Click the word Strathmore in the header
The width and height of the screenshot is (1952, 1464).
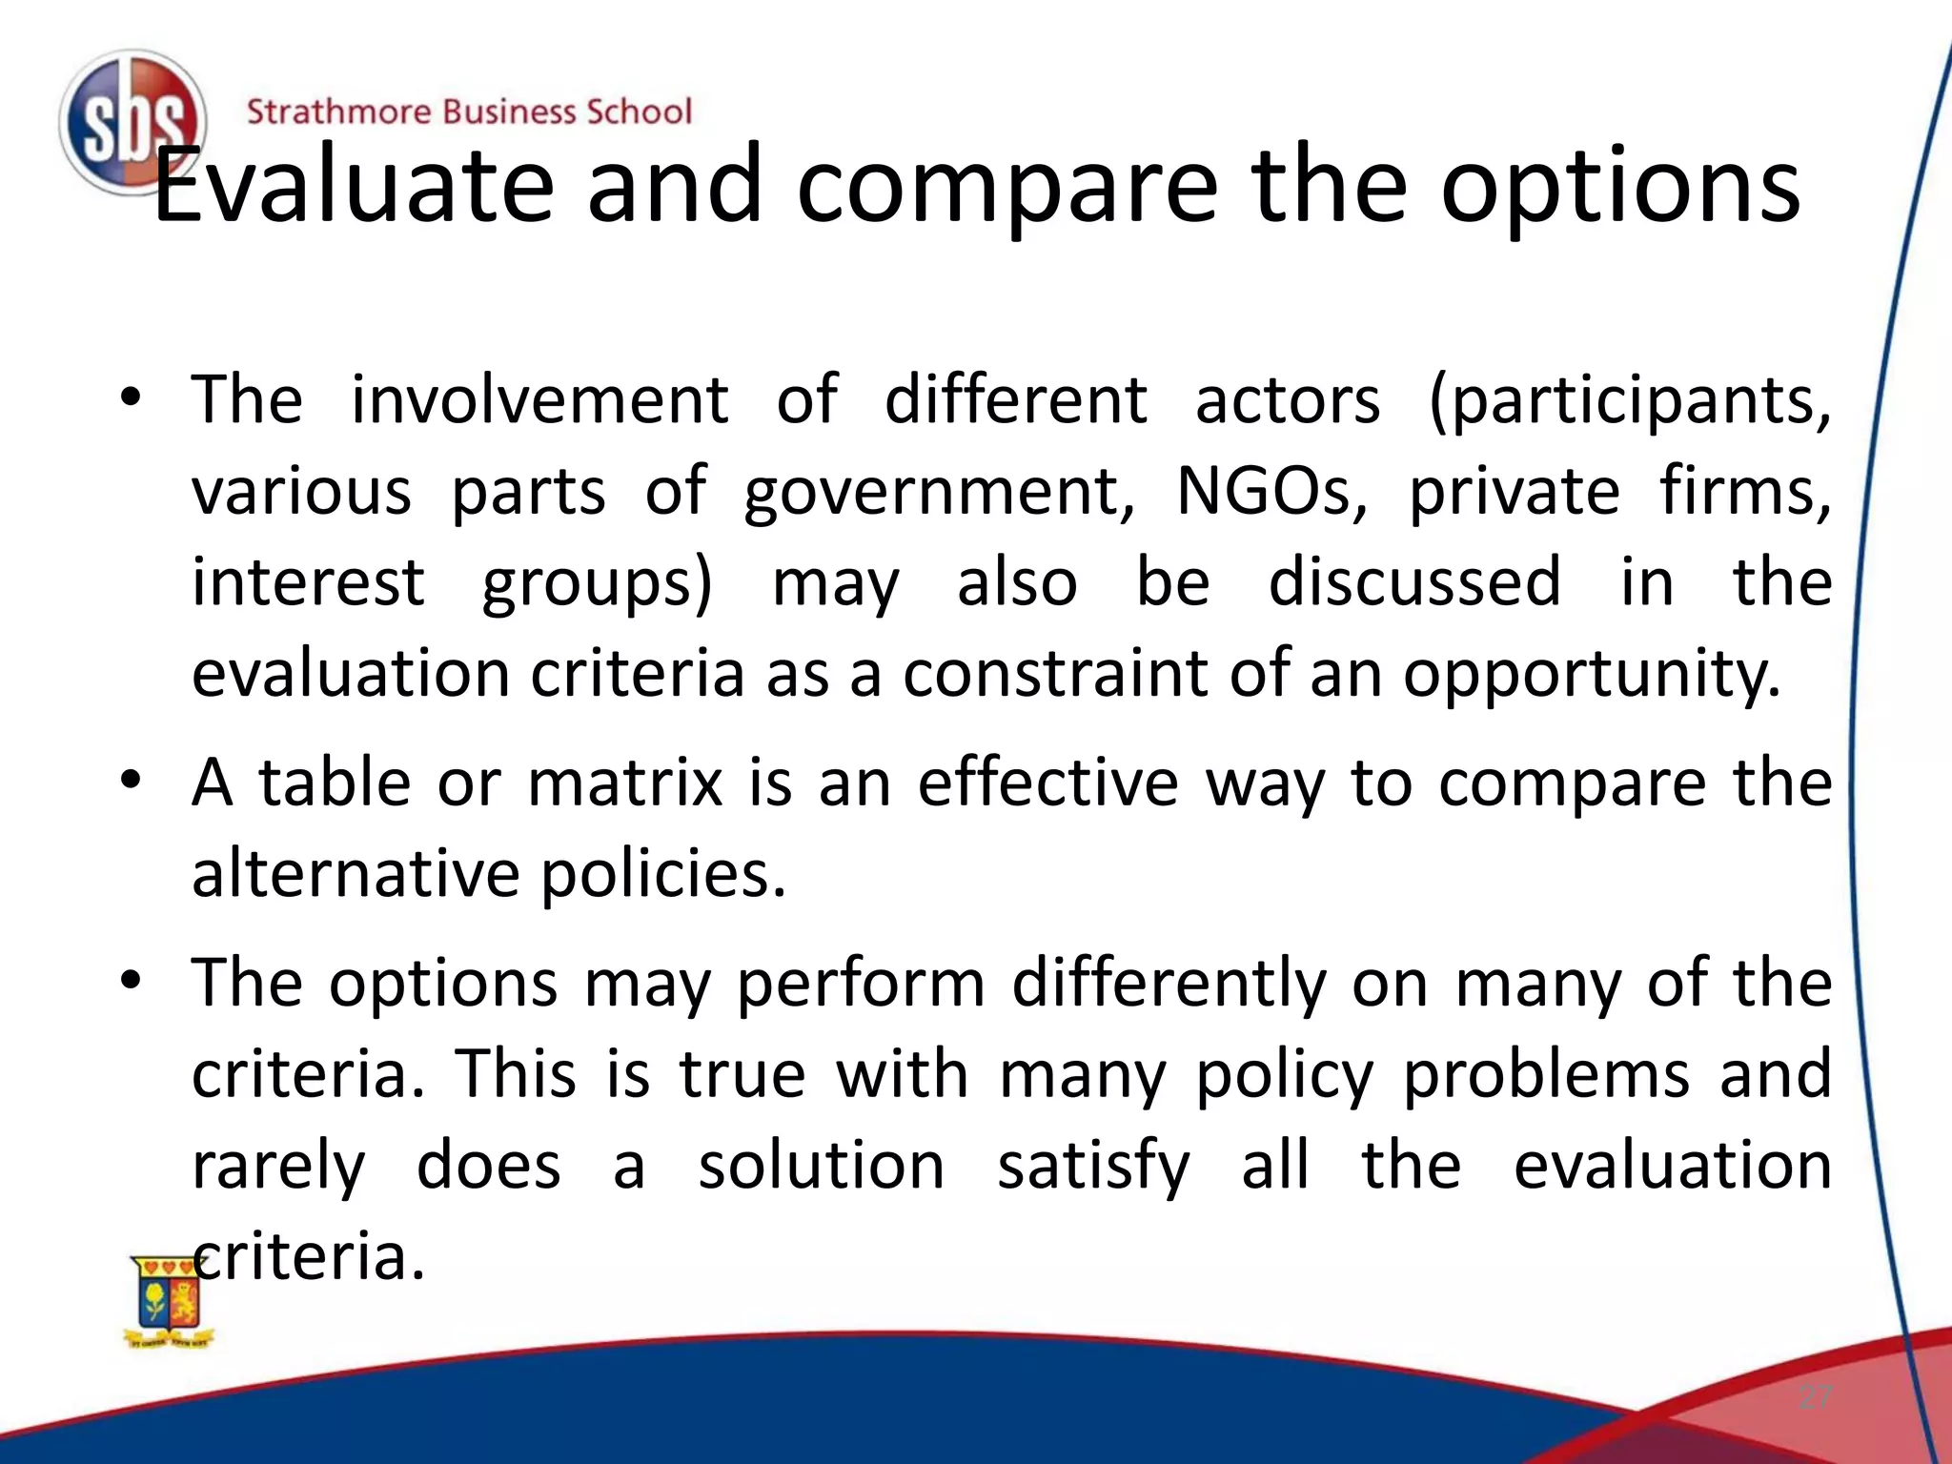(338, 112)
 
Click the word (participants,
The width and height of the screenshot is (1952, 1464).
(1630, 400)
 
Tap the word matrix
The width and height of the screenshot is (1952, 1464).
(625, 783)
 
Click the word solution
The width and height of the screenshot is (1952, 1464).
(821, 1167)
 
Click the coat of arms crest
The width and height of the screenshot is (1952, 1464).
(170, 1300)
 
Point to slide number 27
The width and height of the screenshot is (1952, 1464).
(1815, 1398)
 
